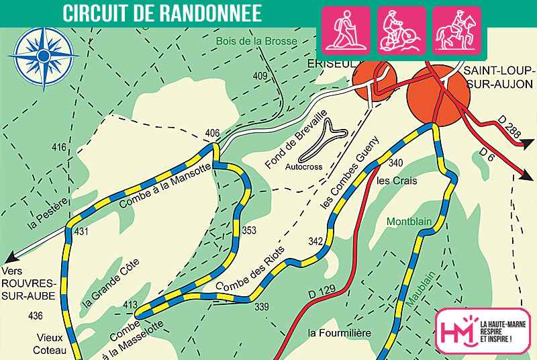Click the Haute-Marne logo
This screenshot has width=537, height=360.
[483, 330]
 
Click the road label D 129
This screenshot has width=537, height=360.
[322, 294]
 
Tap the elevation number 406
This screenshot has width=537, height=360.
[213, 132]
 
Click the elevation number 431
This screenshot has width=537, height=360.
[81, 232]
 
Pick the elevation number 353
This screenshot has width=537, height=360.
[249, 230]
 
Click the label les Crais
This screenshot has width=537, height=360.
[397, 181]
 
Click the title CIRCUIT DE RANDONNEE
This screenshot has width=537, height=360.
[162, 13]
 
